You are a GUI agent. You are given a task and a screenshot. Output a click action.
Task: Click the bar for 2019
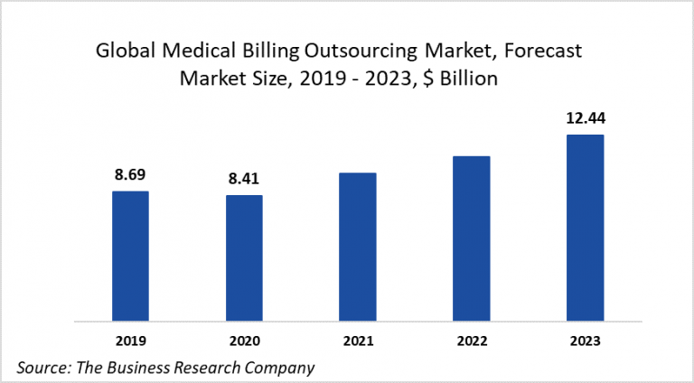tap(130, 256)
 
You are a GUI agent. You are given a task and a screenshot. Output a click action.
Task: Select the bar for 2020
tap(244, 257)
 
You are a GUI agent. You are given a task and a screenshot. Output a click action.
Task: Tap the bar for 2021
tap(358, 246)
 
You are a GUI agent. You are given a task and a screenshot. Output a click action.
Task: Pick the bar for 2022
tap(471, 238)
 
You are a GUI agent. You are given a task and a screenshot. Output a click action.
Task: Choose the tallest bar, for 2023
tap(585, 227)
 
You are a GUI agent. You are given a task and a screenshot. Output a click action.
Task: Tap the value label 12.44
tap(585, 119)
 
